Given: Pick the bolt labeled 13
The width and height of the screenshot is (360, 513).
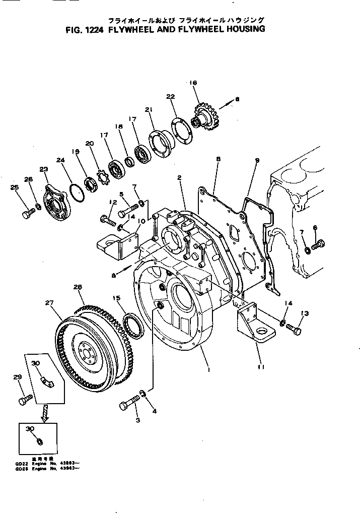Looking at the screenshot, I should [294, 329].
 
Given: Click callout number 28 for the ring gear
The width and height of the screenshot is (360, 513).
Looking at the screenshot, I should [77, 287].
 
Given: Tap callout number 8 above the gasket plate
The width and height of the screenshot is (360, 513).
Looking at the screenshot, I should [218, 159].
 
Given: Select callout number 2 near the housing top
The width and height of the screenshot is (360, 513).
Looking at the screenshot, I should [179, 177].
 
